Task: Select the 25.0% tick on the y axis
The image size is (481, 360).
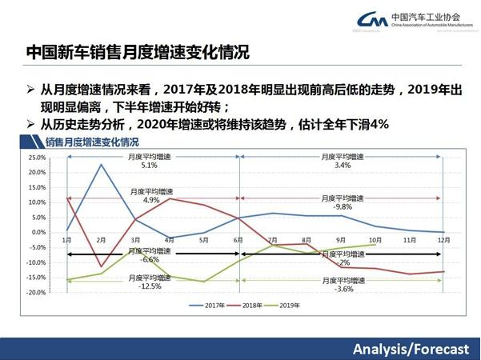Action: pos(36,158)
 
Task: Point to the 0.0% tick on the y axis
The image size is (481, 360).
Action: pos(38,232)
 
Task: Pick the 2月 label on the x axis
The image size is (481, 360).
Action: pos(101,239)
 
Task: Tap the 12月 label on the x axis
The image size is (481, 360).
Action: pos(443,239)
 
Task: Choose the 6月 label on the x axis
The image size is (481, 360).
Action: pos(238,239)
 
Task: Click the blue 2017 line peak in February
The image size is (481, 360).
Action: pos(101,164)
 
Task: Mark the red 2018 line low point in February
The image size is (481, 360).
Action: pos(101,266)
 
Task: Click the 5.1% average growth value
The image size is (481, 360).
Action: pos(149,166)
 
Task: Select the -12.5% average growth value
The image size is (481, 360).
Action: pos(149,286)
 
